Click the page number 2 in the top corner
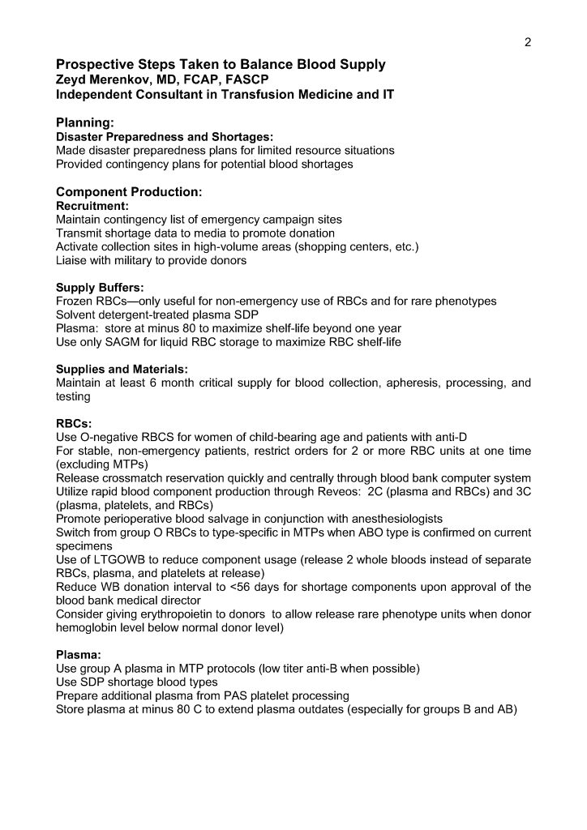[x=527, y=43]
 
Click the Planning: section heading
[x=84, y=122]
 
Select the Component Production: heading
[x=128, y=192]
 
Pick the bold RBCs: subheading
[x=74, y=423]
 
